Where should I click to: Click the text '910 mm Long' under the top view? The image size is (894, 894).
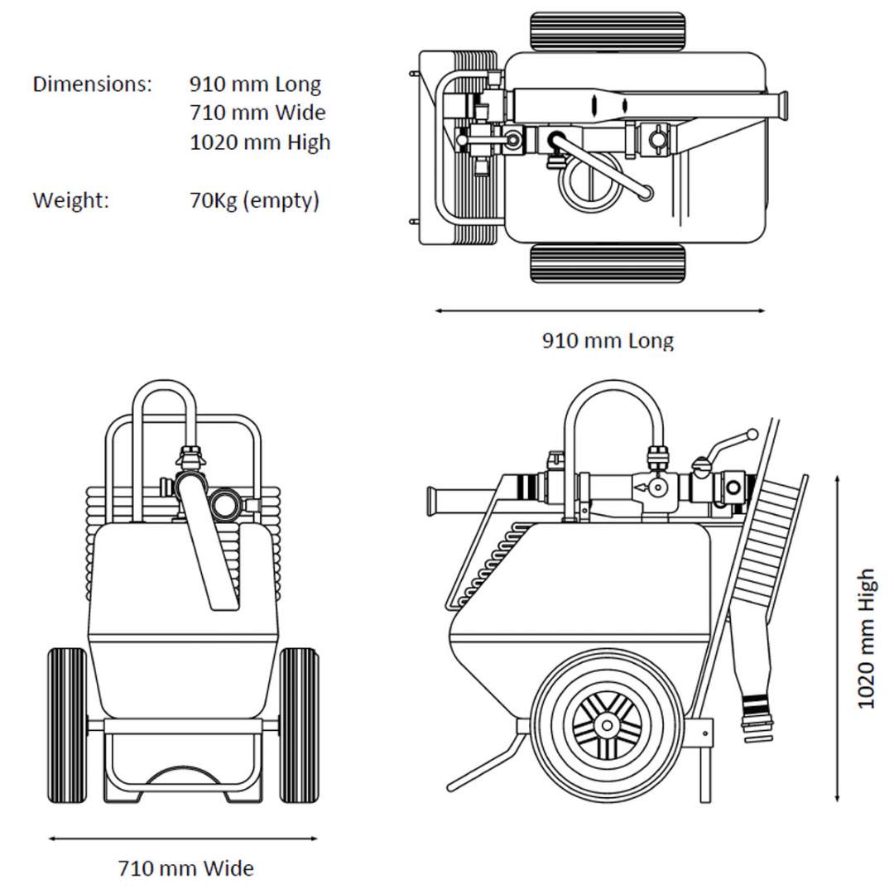[x=608, y=340]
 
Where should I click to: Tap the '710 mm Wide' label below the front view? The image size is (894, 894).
[x=185, y=868]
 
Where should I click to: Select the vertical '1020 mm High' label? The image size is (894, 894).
[x=866, y=638]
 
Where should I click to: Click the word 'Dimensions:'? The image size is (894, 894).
[x=92, y=84]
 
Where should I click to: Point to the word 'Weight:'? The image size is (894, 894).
[x=70, y=200]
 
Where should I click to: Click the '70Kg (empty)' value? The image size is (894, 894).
[x=254, y=200]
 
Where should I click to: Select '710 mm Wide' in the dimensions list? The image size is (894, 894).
[x=257, y=113]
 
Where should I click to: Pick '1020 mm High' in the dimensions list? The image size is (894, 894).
[x=260, y=142]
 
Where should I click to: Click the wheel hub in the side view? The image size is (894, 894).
[x=608, y=725]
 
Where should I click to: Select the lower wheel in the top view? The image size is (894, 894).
[x=608, y=263]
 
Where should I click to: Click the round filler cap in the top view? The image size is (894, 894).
[x=586, y=184]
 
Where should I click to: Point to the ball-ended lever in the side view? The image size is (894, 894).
[x=751, y=434]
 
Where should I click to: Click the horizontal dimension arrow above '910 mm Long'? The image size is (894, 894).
[x=600, y=311]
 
